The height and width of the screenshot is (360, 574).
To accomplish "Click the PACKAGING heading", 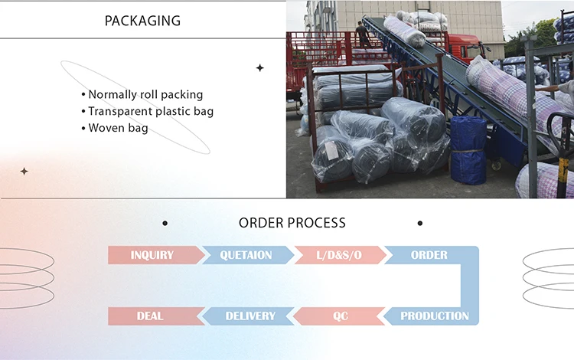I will pyautogui.click(x=142, y=20).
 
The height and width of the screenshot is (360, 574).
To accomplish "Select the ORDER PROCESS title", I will pyautogui.click(x=292, y=223).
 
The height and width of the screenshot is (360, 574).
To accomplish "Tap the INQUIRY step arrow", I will pyautogui.click(x=152, y=255).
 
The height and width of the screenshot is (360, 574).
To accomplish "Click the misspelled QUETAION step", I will pyautogui.click(x=246, y=255).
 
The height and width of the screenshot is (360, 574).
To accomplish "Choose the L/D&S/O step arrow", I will pyautogui.click(x=338, y=255).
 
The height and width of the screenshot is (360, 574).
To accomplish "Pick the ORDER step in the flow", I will pyautogui.click(x=429, y=255).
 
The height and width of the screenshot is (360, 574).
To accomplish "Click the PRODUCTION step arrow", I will pyautogui.click(x=433, y=316).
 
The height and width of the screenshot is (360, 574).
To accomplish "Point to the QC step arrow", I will pyautogui.click(x=341, y=316).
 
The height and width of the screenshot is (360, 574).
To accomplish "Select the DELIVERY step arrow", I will pyautogui.click(x=249, y=316).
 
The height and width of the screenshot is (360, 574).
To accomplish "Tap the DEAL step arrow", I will pyautogui.click(x=150, y=316).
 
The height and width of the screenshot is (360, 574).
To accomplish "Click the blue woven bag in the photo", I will pyautogui.click(x=468, y=150).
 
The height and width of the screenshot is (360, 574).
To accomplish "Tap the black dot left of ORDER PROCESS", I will pyautogui.click(x=165, y=224).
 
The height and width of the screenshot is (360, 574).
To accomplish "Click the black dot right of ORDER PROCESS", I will pyautogui.click(x=419, y=224).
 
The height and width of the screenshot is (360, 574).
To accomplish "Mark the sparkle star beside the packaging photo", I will pyautogui.click(x=259, y=68).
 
